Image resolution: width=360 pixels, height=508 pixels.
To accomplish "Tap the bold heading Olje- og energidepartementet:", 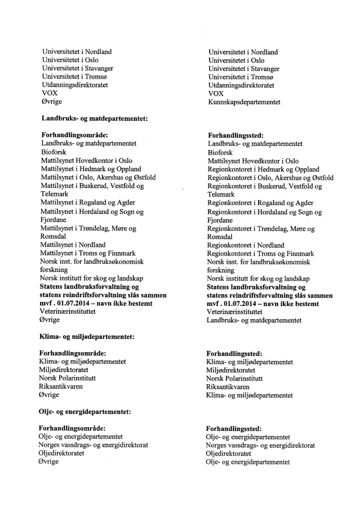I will coord(85,411).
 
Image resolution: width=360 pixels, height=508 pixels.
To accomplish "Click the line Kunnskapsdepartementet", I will coord(244,102).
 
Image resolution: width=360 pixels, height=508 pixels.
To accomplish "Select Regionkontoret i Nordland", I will coord(242,245).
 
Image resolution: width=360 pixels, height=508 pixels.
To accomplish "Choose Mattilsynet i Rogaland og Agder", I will coord(85,203).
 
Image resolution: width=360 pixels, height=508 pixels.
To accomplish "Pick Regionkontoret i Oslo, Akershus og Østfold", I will coord(270,178).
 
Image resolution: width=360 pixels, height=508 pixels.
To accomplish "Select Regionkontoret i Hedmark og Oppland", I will coord(263,169).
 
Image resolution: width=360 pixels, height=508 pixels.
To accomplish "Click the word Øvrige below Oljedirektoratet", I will coord(49,461).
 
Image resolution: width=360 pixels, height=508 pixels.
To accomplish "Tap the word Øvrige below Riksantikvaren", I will coord(49,394).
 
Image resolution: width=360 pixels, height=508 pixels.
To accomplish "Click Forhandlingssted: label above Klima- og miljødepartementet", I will coord(234,353).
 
